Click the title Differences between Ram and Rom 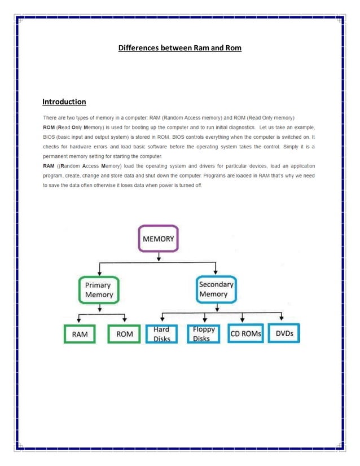pyautogui.click(x=179, y=48)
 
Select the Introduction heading pyautogui.click(x=64, y=102)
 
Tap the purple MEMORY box pyautogui.click(x=159, y=239)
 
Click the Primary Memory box pyautogui.click(x=99, y=289)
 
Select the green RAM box pyautogui.click(x=79, y=334)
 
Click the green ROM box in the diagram pyautogui.click(x=124, y=334)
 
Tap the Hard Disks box pyautogui.click(x=161, y=334)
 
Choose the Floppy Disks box pyautogui.click(x=203, y=334)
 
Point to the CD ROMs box pyautogui.click(x=245, y=334)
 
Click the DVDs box pyautogui.click(x=284, y=333)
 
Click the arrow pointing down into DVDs pyautogui.click(x=282, y=318)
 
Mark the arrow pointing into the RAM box pyautogui.click(x=79, y=319)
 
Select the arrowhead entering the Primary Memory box pyautogui.click(x=99, y=272)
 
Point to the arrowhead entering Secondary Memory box pyautogui.click(x=214, y=272)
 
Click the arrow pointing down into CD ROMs pyautogui.click(x=243, y=318)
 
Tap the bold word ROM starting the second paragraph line pyautogui.click(x=49, y=127)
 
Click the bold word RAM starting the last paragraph pyautogui.click(x=49, y=166)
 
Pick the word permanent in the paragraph pyautogui.click(x=58, y=156)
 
